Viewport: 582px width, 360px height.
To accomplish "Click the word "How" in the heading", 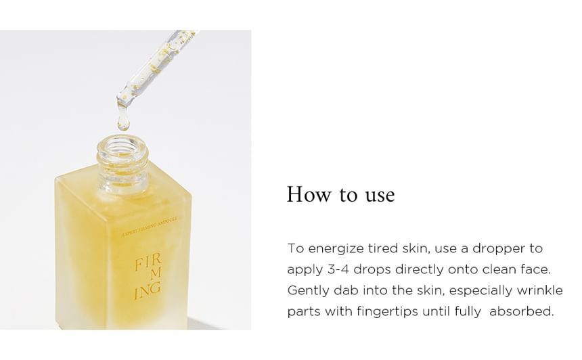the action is coord(308,194).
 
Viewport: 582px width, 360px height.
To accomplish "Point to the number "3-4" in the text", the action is coord(338,269).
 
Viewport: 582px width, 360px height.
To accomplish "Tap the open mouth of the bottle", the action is coord(122,146).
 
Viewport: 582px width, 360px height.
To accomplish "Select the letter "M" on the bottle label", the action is coord(156,273).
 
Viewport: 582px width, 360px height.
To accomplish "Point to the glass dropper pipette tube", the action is coord(156,67).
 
